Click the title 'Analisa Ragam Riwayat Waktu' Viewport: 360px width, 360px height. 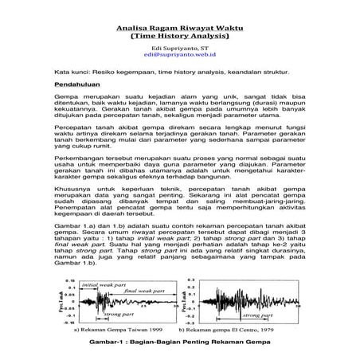179,25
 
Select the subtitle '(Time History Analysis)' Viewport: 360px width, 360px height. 179,36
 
